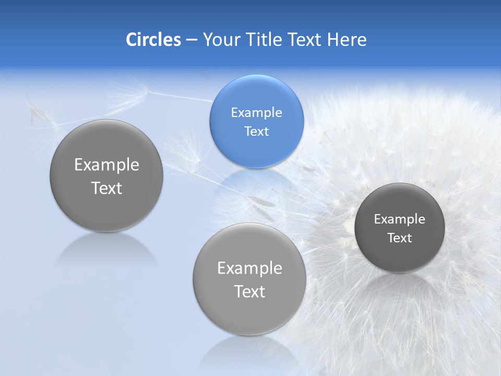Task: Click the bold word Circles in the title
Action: [153, 40]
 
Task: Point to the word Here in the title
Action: [347, 40]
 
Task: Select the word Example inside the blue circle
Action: [256, 113]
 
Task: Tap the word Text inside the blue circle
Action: [256, 132]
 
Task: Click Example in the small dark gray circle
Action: [399, 219]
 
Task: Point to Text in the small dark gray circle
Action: [400, 238]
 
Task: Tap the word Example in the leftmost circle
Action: [106, 165]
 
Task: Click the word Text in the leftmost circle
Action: [106, 189]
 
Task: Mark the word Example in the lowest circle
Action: [249, 268]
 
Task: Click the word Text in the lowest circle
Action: [249, 291]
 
